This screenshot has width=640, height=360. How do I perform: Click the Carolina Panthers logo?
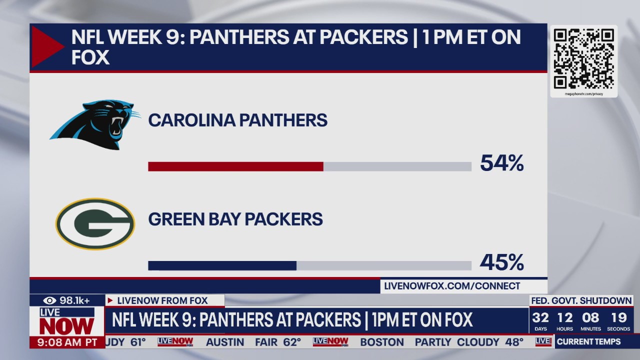pyautogui.click(x=95, y=124)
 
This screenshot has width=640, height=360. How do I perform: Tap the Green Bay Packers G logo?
pyautogui.click(x=95, y=223)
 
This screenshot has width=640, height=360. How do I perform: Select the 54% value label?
pyautogui.click(x=501, y=163)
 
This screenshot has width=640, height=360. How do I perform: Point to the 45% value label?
pyautogui.click(x=501, y=262)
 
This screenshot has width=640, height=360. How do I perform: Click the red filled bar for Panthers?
pyautogui.click(x=235, y=166)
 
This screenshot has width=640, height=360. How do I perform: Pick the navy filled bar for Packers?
pyautogui.click(x=222, y=265)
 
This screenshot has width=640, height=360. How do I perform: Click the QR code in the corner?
pyautogui.click(x=583, y=58)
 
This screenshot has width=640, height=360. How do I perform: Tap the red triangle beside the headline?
pyautogui.click(x=46, y=46)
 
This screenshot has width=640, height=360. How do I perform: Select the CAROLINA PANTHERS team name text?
pyautogui.click(x=237, y=120)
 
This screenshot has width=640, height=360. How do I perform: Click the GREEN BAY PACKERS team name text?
pyautogui.click(x=235, y=219)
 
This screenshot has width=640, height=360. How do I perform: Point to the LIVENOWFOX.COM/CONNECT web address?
pyautogui.click(x=452, y=286)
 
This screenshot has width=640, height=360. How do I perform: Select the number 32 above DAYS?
pyautogui.click(x=540, y=318)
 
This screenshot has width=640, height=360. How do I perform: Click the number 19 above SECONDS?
pyautogui.click(x=618, y=318)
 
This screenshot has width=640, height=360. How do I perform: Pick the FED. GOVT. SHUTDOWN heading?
pyautogui.click(x=581, y=300)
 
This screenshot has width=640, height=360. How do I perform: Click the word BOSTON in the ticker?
pyautogui.click(x=381, y=342)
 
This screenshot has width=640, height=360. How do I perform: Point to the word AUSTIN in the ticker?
pyautogui.click(x=225, y=342)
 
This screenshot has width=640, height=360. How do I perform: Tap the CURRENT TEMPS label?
pyautogui.click(x=588, y=342)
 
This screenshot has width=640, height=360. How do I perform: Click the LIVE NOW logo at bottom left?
pyautogui.click(x=67, y=322)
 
